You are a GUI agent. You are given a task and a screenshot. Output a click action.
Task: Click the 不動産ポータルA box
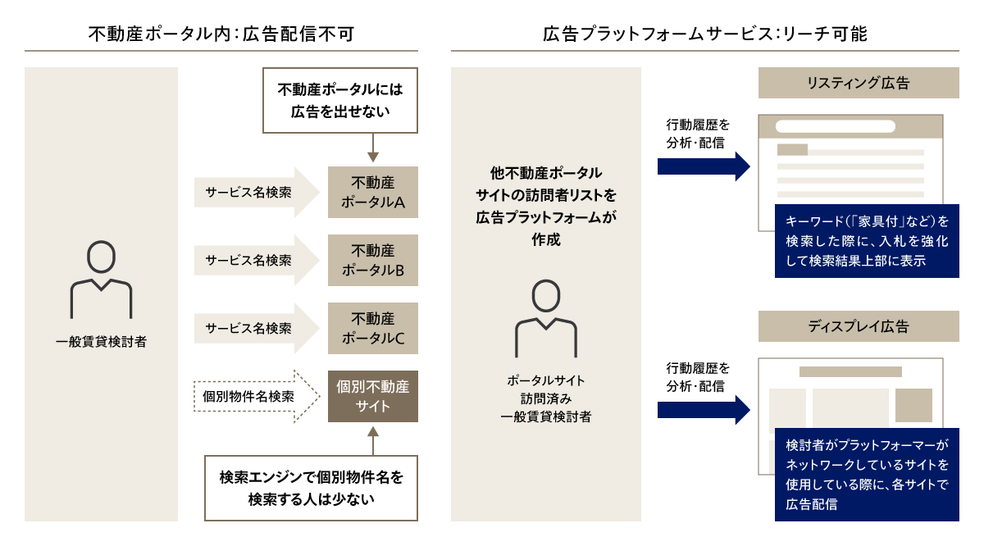(372, 192)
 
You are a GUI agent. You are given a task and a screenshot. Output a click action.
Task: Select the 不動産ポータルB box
(372, 260)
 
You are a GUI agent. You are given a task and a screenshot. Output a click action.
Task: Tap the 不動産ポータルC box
(372, 328)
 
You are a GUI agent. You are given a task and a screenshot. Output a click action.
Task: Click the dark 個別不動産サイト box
(372, 397)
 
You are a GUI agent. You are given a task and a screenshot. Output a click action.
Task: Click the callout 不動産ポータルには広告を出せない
(340, 100)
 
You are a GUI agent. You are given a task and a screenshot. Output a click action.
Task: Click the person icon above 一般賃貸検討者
(101, 280)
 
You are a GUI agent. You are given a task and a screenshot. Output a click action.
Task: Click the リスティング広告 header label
(858, 83)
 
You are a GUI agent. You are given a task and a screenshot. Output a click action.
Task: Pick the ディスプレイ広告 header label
(858, 326)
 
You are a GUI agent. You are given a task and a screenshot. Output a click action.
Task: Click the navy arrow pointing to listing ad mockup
(704, 166)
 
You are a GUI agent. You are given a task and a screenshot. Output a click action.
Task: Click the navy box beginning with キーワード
(866, 241)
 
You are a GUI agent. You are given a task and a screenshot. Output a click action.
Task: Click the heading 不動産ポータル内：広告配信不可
(223, 34)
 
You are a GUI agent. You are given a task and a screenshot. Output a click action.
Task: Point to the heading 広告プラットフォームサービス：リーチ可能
(704, 34)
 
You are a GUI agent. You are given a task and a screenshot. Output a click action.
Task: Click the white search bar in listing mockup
(835, 127)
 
